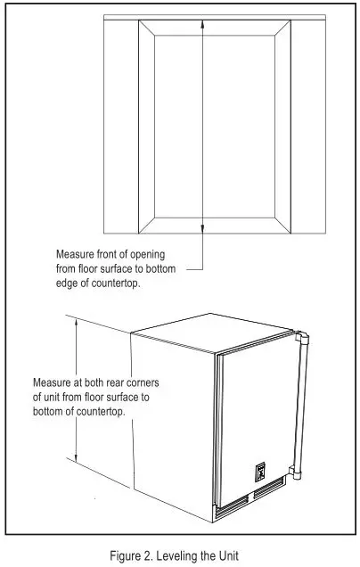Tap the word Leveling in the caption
pyautogui.click(x=184, y=556)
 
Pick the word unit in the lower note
pyautogui.click(x=53, y=397)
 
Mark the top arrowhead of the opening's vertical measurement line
pyautogui.click(x=204, y=23)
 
